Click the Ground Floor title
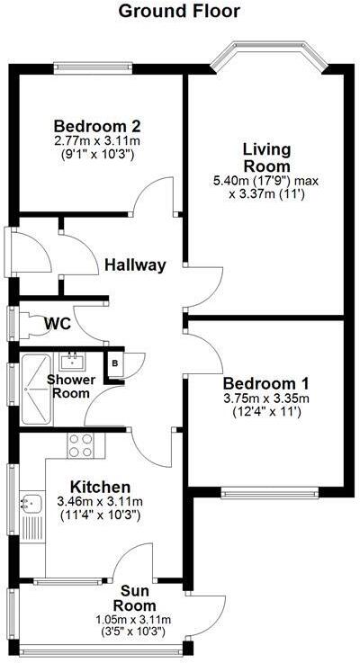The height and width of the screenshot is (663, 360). click(179, 12)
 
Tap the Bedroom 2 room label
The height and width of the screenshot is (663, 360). click(97, 126)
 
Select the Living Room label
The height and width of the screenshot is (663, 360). click(266, 157)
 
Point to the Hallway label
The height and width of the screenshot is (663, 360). click(135, 264)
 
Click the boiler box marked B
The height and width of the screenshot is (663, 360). click(115, 363)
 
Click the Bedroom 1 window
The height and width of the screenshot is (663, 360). click(269, 492)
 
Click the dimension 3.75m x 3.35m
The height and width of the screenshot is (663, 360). click(267, 399)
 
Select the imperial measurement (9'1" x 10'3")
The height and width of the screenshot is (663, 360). click(97, 155)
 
